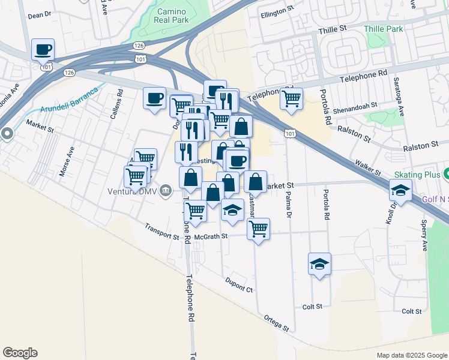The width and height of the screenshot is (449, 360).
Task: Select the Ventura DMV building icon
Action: pyautogui.click(x=166, y=191)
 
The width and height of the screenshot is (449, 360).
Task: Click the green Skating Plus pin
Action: pyautogui.click(x=448, y=175)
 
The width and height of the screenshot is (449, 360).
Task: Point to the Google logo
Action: pyautogui.click(x=20, y=353)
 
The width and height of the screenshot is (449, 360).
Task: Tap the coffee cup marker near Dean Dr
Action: pyautogui.click(x=43, y=50)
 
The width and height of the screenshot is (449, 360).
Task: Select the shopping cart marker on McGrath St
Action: pyautogui.click(x=258, y=229)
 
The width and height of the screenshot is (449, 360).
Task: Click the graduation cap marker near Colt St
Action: pyautogui.click(x=319, y=264)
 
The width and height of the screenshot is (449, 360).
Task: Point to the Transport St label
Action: pyautogui.click(x=162, y=232)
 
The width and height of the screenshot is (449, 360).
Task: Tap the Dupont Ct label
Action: pyautogui.click(x=239, y=284)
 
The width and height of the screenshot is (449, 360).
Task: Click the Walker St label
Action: pyautogui.click(x=368, y=167)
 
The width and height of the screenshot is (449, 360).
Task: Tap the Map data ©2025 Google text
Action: pyautogui.click(x=411, y=355)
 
